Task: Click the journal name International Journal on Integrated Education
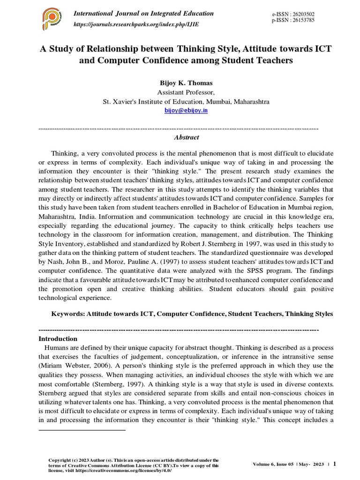(143, 14)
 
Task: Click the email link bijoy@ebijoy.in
(186, 110)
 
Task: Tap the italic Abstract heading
(186, 137)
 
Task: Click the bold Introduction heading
(58, 338)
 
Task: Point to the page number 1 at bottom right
(335, 464)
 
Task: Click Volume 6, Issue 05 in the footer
(274, 464)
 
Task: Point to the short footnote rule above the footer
(82, 429)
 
